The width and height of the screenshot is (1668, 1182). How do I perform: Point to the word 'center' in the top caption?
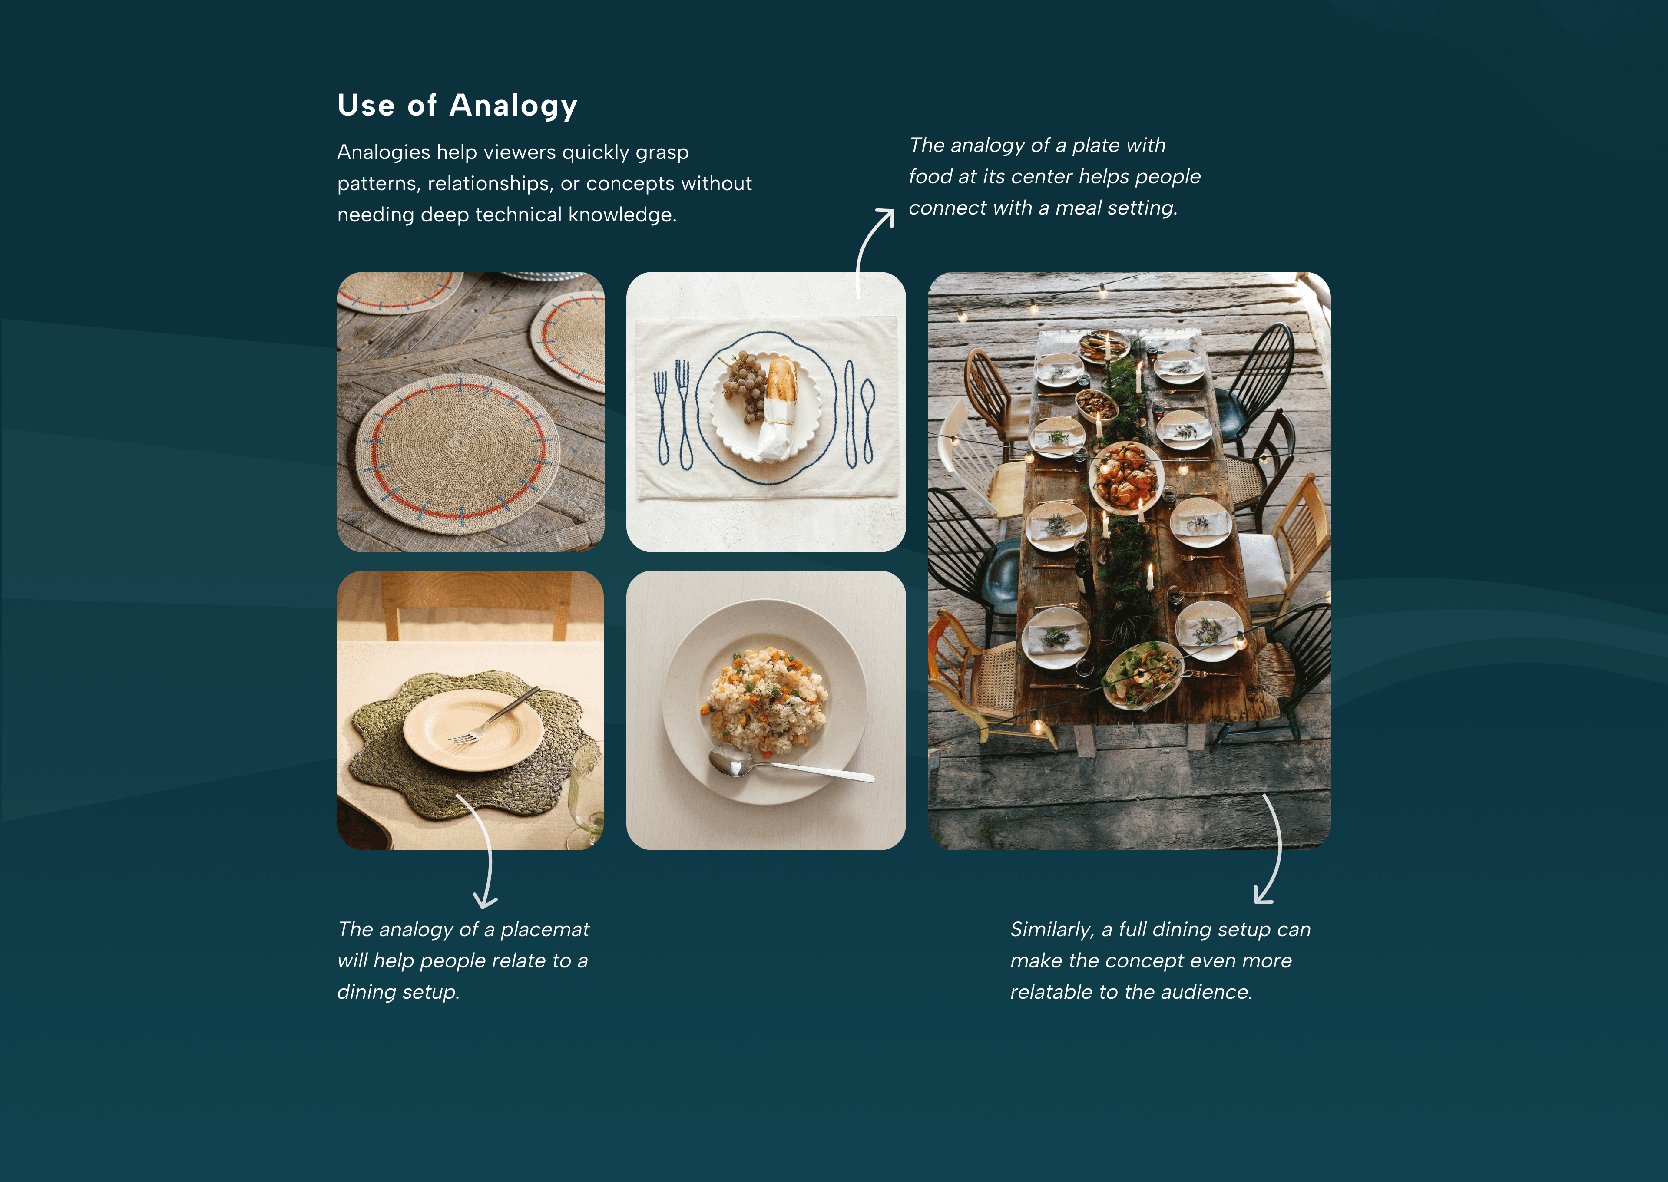click(1042, 177)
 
